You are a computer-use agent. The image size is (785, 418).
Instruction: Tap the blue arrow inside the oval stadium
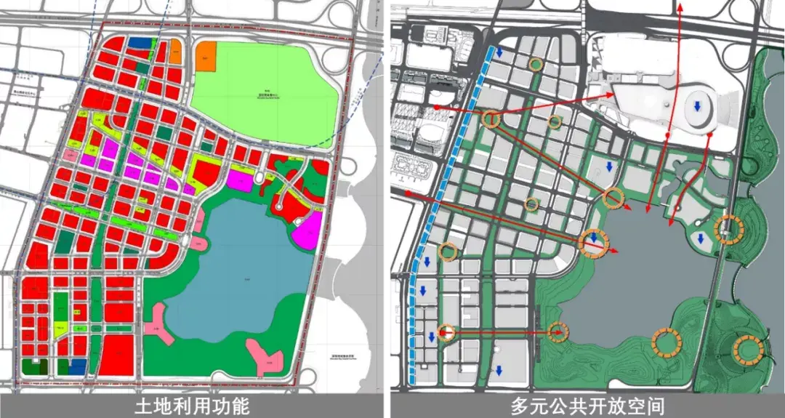coord(697,107)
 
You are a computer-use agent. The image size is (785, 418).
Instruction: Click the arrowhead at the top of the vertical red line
coord(680,9)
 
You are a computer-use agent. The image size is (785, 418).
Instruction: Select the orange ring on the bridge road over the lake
coord(728,230)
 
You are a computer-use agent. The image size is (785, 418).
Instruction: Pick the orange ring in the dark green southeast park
coord(747,350)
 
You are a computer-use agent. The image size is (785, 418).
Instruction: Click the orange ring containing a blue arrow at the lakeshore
coord(594,241)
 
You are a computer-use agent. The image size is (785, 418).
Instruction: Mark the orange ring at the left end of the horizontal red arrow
coord(447,333)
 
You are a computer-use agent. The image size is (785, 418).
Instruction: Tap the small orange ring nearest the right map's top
coord(536,65)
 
